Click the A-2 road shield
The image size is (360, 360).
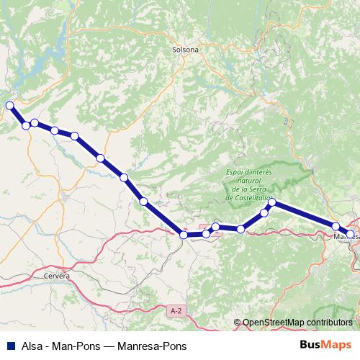click(x=176, y=310)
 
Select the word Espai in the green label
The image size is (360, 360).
click(x=236, y=172)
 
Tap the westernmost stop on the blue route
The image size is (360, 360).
click(x=10, y=106)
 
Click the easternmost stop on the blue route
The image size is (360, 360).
click(x=351, y=234)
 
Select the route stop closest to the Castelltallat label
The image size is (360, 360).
click(x=272, y=203)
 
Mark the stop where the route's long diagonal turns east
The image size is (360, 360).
click(x=184, y=235)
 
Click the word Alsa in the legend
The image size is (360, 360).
click(x=31, y=346)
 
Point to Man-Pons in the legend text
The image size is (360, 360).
click(x=76, y=346)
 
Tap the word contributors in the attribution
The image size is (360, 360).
click(x=328, y=323)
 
